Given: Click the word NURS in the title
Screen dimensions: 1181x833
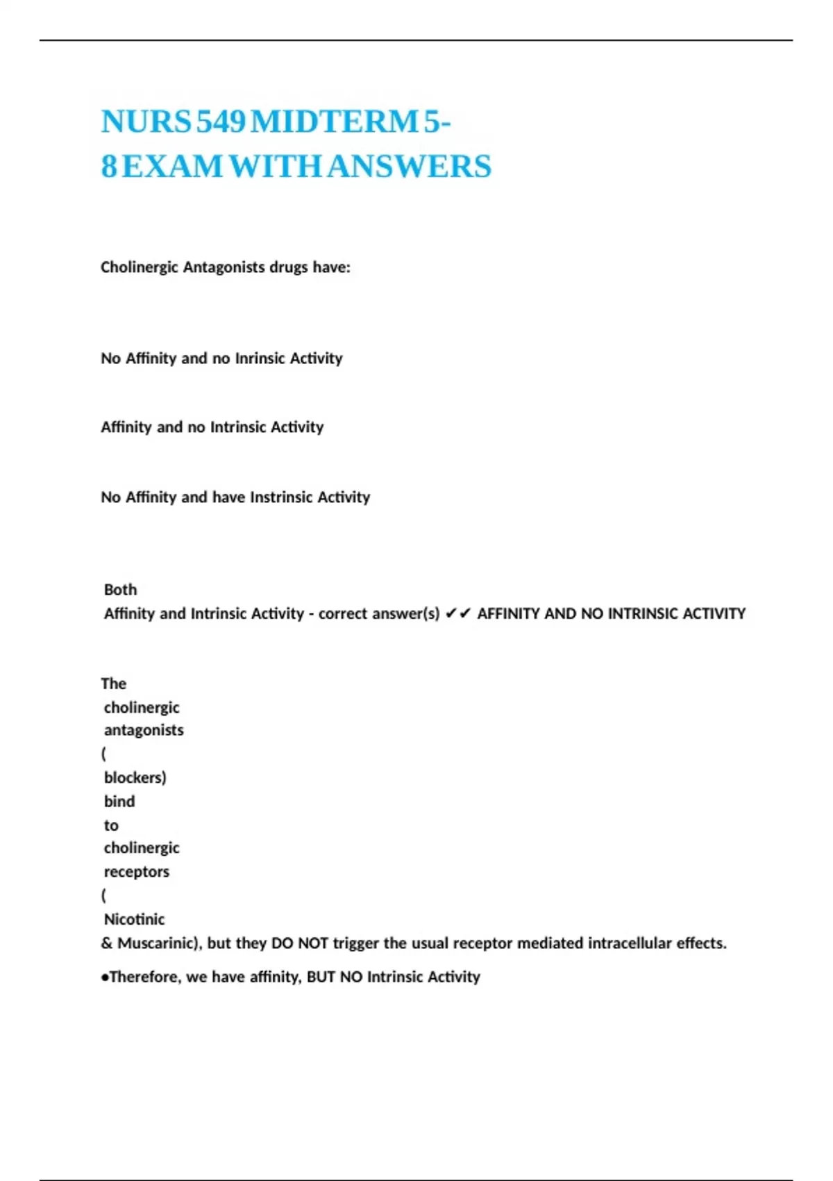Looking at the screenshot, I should [146, 122].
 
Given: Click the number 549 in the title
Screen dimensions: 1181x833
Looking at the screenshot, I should [221, 122].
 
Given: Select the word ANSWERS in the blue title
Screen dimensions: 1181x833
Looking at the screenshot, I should [410, 167].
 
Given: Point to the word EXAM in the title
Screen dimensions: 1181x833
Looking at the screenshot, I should [172, 167].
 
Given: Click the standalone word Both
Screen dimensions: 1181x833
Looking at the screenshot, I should [121, 590].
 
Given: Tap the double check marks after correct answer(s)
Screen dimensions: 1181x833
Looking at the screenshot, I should [458, 613].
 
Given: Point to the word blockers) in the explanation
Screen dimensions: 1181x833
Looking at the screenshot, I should [135, 777].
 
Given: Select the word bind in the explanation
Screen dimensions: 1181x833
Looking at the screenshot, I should [119, 802].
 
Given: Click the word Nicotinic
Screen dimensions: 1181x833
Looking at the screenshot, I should [135, 920].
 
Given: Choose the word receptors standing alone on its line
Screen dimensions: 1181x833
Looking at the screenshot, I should [137, 872].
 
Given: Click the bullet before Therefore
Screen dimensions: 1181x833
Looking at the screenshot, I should [105, 977].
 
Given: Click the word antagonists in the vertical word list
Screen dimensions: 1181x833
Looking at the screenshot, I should [144, 730].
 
